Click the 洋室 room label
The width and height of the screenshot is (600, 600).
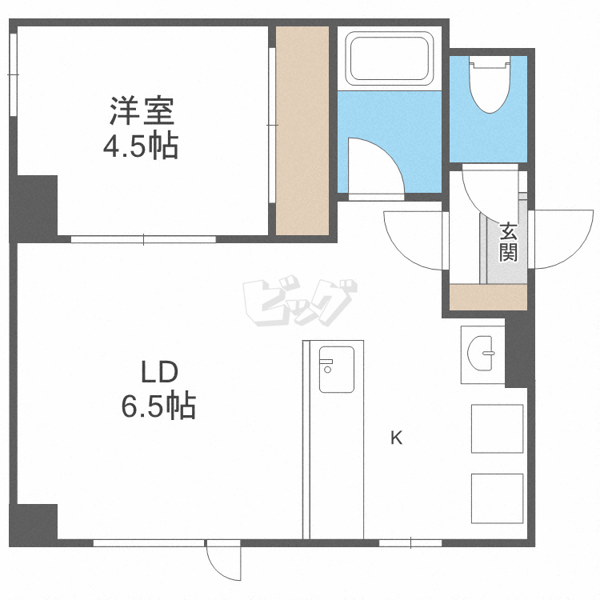(142, 111)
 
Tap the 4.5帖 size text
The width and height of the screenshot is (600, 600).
(141, 146)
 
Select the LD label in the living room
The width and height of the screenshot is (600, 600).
(159, 372)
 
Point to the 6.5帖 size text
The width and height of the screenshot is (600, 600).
(158, 406)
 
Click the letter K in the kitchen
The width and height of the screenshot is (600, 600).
(397, 438)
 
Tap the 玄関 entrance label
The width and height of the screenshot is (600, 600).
(508, 242)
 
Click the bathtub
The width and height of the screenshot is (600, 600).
(390, 58)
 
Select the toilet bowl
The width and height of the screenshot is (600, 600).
(490, 84)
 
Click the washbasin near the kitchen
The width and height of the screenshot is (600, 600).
(481, 353)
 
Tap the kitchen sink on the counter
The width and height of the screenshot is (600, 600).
(337, 370)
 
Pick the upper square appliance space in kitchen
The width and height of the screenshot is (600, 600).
(497, 429)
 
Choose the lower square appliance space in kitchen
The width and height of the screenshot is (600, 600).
(497, 498)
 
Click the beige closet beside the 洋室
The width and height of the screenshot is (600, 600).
(302, 130)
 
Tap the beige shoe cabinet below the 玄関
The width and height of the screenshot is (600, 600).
(488, 297)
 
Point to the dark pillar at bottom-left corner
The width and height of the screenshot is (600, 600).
(34, 525)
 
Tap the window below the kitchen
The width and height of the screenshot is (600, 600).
(410, 542)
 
